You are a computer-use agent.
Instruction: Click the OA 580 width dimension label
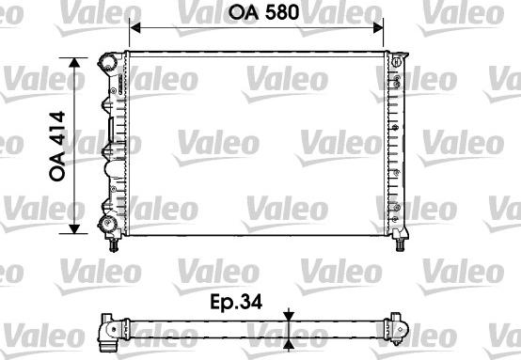pyautogui.click(x=264, y=12)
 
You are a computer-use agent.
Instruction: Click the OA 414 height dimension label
pyautogui.click(x=57, y=146)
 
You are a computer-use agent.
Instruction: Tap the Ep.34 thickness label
pyautogui.click(x=236, y=302)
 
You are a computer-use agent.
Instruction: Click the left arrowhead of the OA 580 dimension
pyautogui.click(x=134, y=28)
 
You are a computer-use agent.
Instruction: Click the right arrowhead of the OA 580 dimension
pyautogui.click(x=378, y=28)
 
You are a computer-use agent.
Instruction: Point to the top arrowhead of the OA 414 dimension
pyautogui.click(x=74, y=63)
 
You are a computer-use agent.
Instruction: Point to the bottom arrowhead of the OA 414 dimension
pyautogui.click(x=74, y=228)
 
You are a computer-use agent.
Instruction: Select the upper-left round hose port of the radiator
pyautogui.click(x=107, y=62)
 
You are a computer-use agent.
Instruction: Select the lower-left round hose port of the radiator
pyautogui.click(x=107, y=224)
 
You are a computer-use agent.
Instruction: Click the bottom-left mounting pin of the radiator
pyautogui.click(x=114, y=245)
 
